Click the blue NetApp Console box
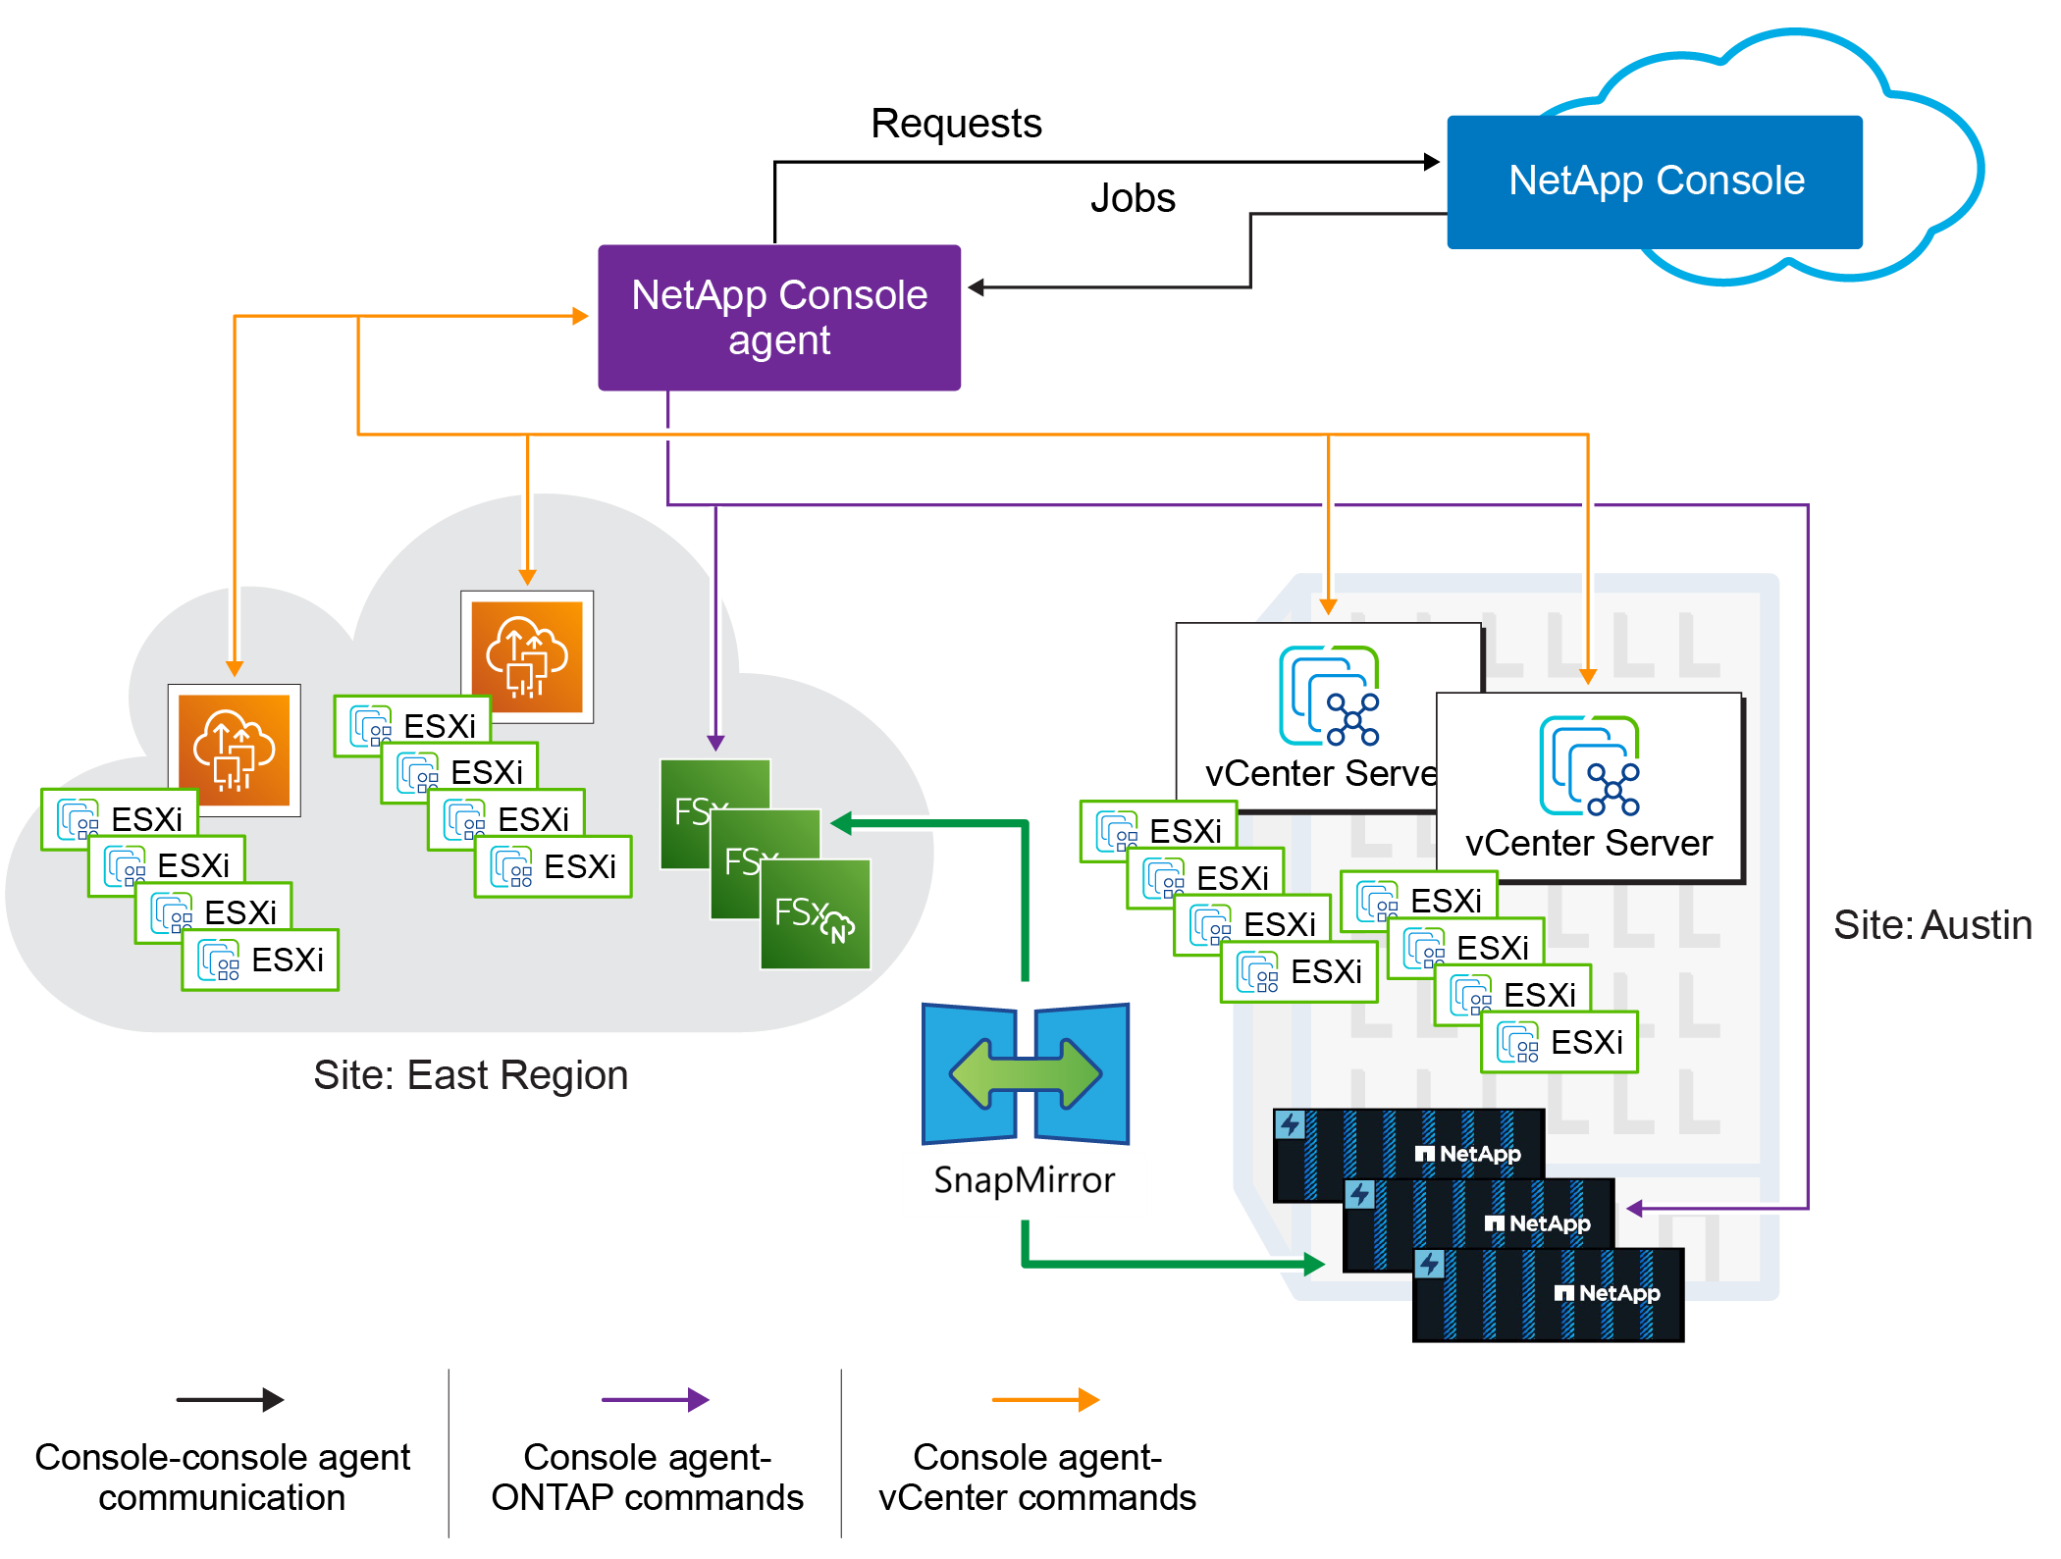(x=1655, y=182)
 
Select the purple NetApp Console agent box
(x=779, y=317)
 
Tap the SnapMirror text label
(x=1024, y=1180)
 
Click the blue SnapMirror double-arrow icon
(x=1026, y=1073)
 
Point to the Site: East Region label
(x=470, y=1075)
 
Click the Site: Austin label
(x=1931, y=925)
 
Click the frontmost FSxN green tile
(x=816, y=914)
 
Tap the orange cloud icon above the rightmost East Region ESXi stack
(x=527, y=656)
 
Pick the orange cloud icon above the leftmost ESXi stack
(x=235, y=750)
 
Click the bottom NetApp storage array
(x=1547, y=1295)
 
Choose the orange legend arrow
(x=1045, y=1400)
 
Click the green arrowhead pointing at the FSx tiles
(x=841, y=823)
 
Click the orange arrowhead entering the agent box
(x=580, y=316)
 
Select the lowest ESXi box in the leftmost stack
(x=260, y=960)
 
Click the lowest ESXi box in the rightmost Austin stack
(x=1559, y=1042)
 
